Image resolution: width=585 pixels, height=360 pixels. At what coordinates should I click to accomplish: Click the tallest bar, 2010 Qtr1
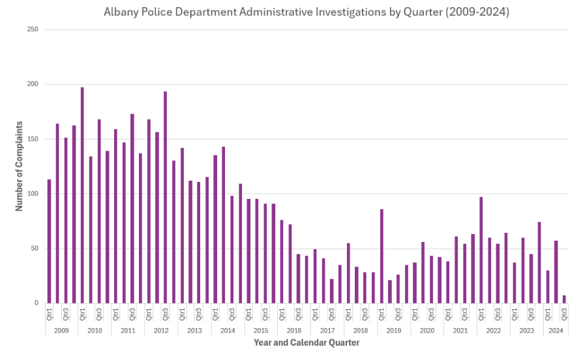pyautogui.click(x=82, y=195)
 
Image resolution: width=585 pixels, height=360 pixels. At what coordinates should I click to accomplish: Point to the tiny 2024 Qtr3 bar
pyautogui.click(x=564, y=299)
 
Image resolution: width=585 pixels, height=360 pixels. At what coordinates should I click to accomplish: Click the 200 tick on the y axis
pyautogui.click(x=33, y=84)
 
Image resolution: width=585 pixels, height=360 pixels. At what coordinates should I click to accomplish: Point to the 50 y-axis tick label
pyautogui.click(x=34, y=248)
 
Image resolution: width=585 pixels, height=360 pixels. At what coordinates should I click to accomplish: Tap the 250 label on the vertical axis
pyautogui.click(x=33, y=30)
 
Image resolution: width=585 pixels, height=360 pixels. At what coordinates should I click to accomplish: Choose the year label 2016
pyautogui.click(x=294, y=331)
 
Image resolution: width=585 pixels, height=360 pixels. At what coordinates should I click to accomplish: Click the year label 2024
pyautogui.click(x=556, y=331)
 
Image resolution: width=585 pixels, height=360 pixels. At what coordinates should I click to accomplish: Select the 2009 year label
pyautogui.click(x=61, y=331)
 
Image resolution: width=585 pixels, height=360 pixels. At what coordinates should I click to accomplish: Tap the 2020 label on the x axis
pyautogui.click(x=427, y=331)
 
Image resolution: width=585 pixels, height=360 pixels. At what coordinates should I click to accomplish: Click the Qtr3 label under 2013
pyautogui.click(x=198, y=314)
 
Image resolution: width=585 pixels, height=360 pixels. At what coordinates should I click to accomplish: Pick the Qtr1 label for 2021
pyautogui.click(x=448, y=314)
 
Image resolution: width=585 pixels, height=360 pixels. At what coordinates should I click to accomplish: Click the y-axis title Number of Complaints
pyautogui.click(x=20, y=166)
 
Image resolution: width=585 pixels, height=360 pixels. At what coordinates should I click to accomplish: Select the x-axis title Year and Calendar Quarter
pyautogui.click(x=307, y=342)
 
